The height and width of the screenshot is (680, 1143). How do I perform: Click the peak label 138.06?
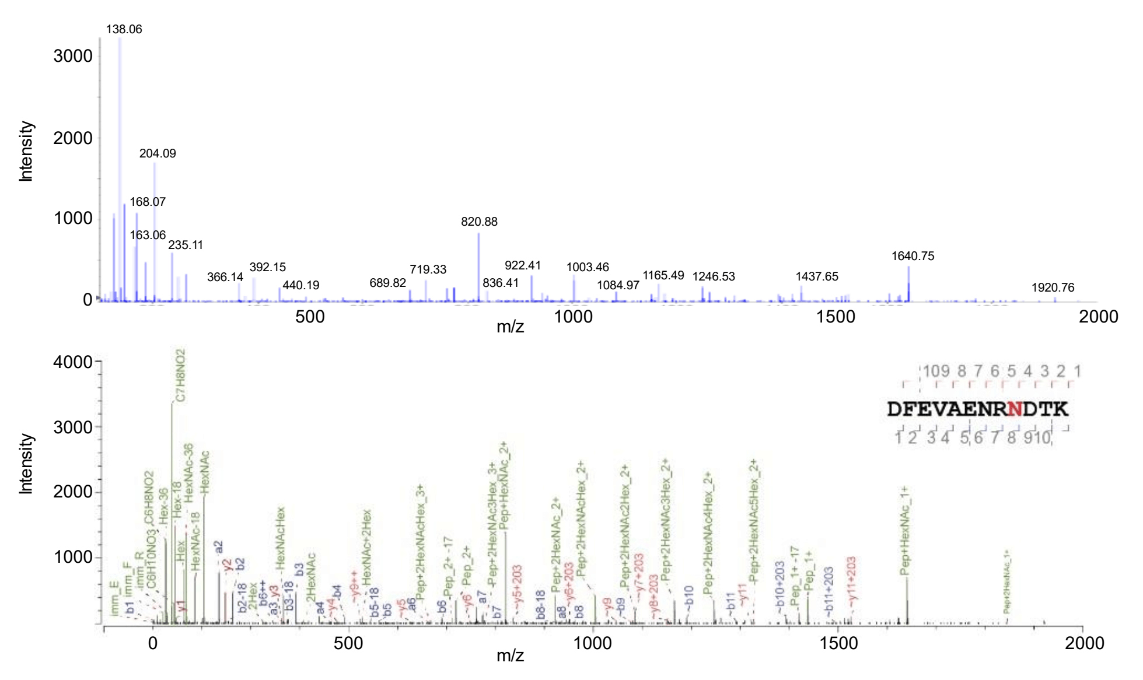tap(124, 29)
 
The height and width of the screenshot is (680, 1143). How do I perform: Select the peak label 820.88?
tap(479, 222)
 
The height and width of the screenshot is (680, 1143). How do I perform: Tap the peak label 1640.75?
tap(913, 256)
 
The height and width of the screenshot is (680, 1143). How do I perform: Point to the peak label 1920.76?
tap(1053, 288)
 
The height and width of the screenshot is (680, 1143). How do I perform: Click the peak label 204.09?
tap(158, 153)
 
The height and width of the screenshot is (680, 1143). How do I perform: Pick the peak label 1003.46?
tap(588, 267)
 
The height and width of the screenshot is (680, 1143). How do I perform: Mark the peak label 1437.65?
tap(817, 276)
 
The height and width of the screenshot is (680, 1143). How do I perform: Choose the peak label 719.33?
tap(428, 269)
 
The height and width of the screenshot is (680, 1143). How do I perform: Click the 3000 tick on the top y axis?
tap(73, 56)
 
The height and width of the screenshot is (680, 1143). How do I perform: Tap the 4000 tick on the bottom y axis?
tap(73, 362)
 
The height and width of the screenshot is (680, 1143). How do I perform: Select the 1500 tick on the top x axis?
tap(836, 317)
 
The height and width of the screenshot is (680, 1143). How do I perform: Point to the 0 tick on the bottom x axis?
tap(153, 643)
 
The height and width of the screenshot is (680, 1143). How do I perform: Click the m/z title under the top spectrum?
tap(510, 327)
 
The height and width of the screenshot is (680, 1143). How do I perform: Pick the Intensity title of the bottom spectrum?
tap(26, 464)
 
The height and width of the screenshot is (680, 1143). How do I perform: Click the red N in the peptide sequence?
tap(1015, 409)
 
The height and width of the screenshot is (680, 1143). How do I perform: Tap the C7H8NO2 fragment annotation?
tap(180, 376)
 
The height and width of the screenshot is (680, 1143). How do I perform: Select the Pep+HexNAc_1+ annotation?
tap(905, 531)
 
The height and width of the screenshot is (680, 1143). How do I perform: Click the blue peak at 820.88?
tap(479, 268)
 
